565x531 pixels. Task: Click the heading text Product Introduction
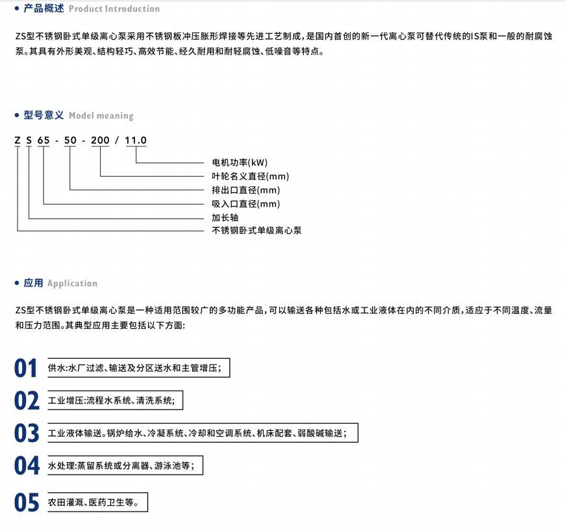pyautogui.click(x=114, y=9)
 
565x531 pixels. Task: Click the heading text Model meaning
pyautogui.click(x=101, y=116)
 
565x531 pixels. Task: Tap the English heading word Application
pyautogui.click(x=72, y=283)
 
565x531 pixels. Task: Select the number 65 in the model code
pyautogui.click(x=44, y=140)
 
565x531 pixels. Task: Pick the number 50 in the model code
pyautogui.click(x=70, y=140)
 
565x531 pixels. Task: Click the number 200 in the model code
pyautogui.click(x=100, y=140)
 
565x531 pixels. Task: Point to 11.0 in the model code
pyautogui.click(x=136, y=140)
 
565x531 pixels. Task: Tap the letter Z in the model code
pyautogui.click(x=18, y=140)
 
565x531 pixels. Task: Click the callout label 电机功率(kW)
pyautogui.click(x=240, y=162)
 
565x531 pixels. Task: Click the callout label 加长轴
pyautogui.click(x=225, y=218)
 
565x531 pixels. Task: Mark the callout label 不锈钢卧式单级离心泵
pyautogui.click(x=257, y=231)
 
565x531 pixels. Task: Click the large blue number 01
pyautogui.click(x=27, y=369)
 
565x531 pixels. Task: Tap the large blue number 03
pyautogui.click(x=27, y=433)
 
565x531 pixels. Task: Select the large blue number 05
pyautogui.click(x=27, y=503)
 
